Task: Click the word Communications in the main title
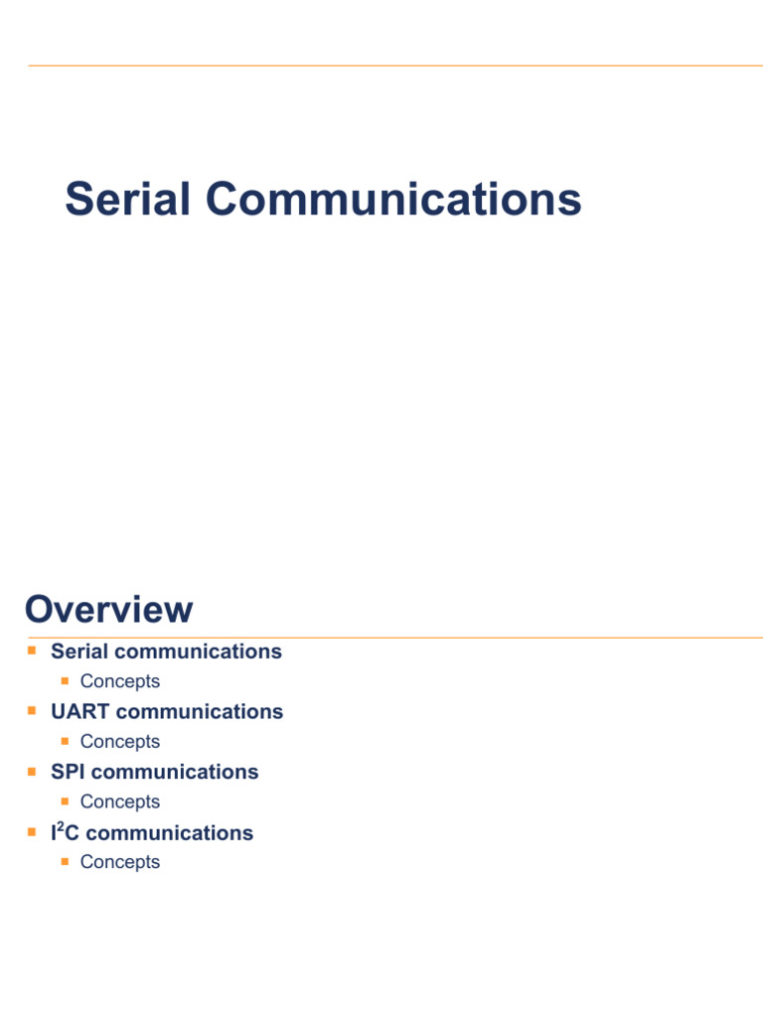[x=393, y=199]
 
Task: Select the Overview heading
[x=109, y=609]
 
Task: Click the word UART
[x=79, y=712]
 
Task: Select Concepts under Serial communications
[x=119, y=681]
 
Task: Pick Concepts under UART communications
[x=119, y=742]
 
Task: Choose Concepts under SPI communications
[x=119, y=801]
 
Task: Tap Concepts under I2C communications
[x=119, y=862]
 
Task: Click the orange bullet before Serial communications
[x=32, y=651]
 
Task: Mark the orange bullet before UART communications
[x=32, y=711]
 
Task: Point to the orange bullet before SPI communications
[x=32, y=771]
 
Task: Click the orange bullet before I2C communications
[x=32, y=831]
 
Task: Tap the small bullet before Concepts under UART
[x=65, y=741]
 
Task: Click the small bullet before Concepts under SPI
[x=65, y=800]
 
